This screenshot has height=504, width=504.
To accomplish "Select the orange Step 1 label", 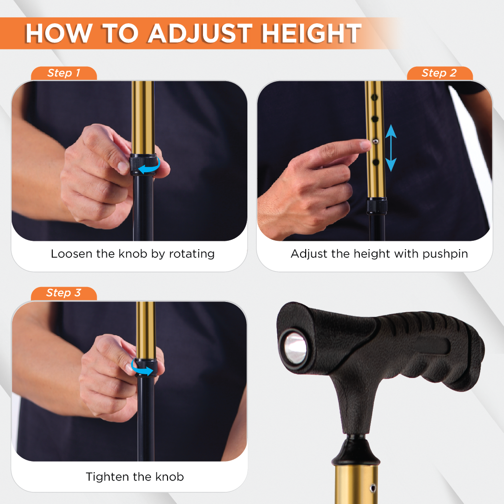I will (64, 73).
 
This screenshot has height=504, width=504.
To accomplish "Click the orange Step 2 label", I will (439, 73).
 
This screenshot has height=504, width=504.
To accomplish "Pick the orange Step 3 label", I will (64, 293).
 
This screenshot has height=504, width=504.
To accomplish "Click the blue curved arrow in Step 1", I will (150, 166).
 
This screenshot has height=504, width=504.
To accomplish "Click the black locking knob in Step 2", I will (377, 206).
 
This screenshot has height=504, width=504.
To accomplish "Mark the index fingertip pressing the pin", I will (365, 145).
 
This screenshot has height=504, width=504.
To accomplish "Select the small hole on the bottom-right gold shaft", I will (372, 488).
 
